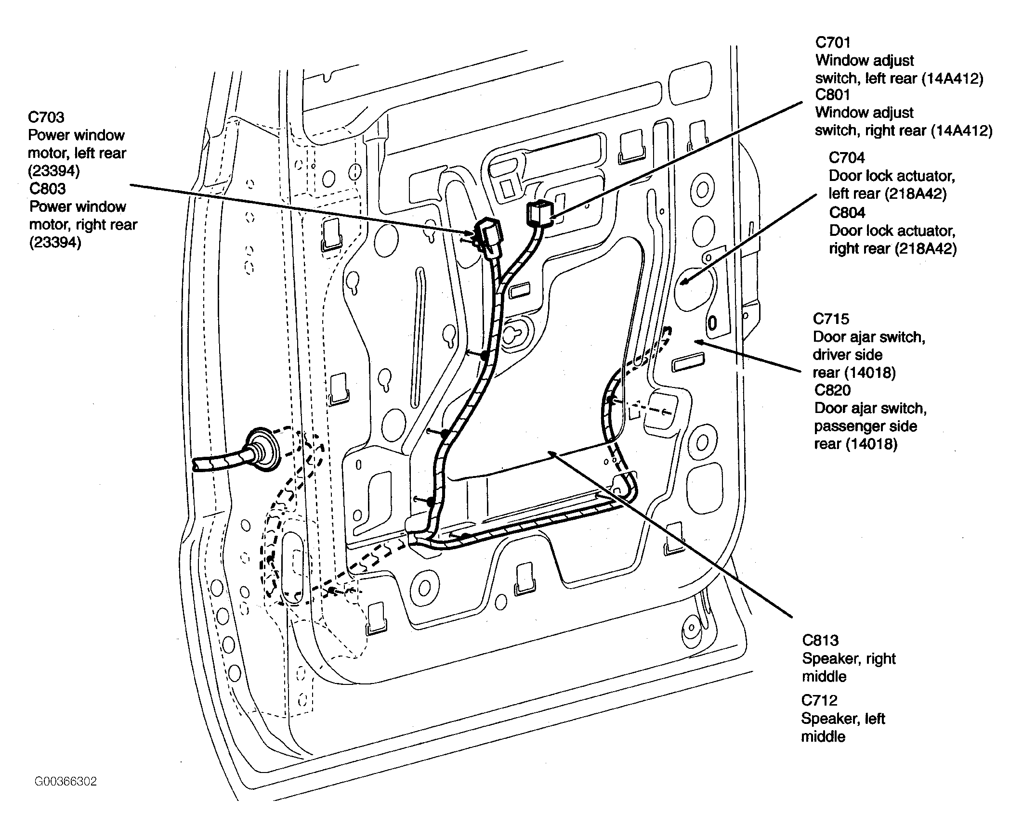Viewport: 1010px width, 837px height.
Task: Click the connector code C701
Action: [833, 42]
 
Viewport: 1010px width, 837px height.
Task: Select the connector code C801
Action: [833, 94]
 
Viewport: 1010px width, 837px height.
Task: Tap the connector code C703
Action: [46, 117]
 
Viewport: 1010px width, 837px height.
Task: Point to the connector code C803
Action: [47, 189]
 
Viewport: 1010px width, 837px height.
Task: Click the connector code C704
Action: [847, 158]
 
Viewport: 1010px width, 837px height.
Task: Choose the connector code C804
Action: [847, 213]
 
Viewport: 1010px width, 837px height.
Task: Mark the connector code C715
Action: [831, 319]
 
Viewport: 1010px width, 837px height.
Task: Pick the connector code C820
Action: [832, 390]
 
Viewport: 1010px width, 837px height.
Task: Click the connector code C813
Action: [820, 641]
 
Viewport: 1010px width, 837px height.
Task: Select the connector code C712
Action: [819, 701]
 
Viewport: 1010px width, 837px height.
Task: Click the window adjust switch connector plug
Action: [540, 214]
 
